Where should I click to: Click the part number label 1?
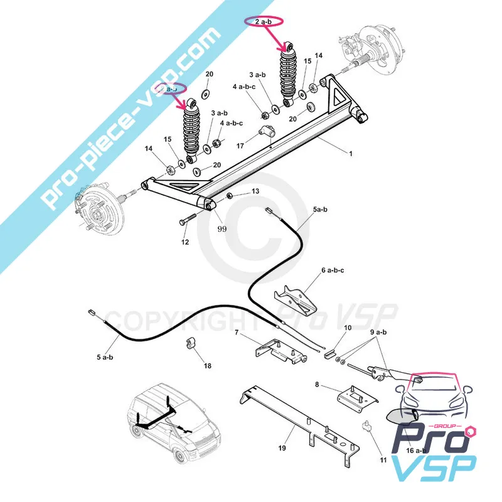(x=351, y=153)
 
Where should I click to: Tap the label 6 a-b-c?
(x=333, y=270)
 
